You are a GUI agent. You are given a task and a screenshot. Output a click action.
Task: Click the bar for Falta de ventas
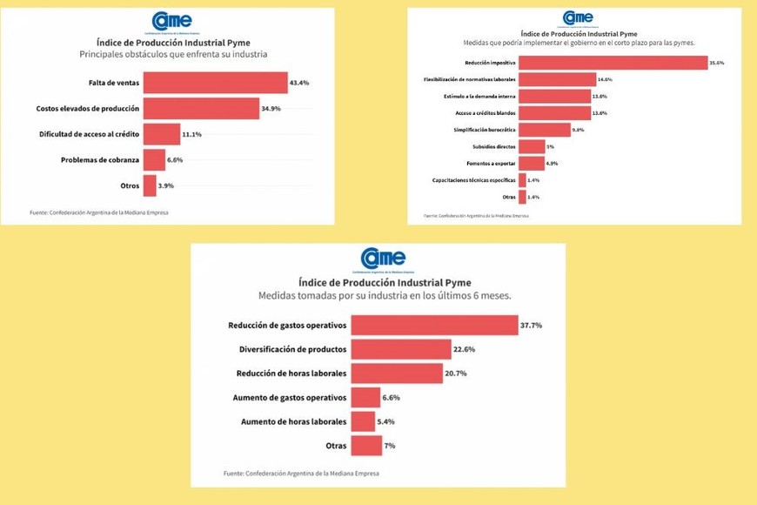(x=214, y=83)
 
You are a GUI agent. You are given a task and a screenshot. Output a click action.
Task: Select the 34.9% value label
(x=272, y=109)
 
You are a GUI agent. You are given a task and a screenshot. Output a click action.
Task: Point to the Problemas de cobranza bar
(x=154, y=160)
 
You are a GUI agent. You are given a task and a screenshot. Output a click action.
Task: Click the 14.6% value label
(x=606, y=79)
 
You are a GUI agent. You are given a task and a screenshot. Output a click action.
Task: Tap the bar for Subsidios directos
(x=532, y=146)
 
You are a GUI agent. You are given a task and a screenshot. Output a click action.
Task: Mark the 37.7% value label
(x=531, y=326)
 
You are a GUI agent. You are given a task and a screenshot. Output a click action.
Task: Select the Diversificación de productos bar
(x=401, y=349)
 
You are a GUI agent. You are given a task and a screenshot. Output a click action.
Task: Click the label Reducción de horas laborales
(x=291, y=374)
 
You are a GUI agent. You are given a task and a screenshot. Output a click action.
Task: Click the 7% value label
(x=391, y=446)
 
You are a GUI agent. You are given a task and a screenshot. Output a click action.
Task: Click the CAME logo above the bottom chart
(x=383, y=259)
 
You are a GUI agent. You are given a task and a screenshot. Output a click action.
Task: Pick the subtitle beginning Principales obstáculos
(x=172, y=55)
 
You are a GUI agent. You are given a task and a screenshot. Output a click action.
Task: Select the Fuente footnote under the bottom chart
(x=301, y=474)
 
